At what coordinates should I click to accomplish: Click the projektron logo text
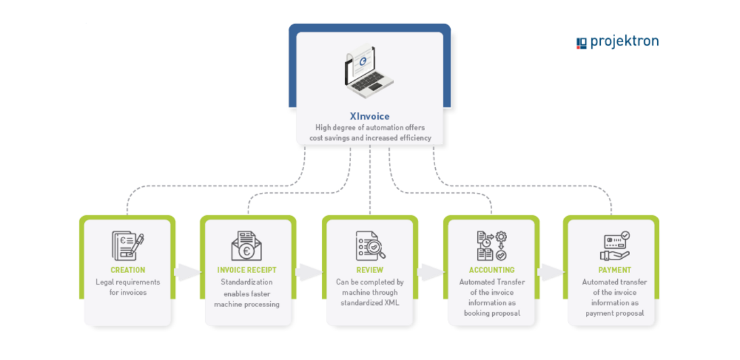tap(624, 42)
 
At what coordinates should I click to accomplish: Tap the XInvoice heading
tap(369, 116)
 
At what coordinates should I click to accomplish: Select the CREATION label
tap(128, 270)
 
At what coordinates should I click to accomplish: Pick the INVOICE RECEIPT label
tap(247, 270)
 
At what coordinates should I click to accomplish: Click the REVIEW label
tap(369, 270)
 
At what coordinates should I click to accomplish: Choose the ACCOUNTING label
tap(491, 270)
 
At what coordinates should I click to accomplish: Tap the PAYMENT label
tap(614, 270)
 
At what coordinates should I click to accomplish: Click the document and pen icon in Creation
tap(128, 246)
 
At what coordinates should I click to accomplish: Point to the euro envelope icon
tap(247, 246)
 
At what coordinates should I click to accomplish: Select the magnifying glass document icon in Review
tap(370, 246)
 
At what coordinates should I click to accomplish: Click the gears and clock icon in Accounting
tap(492, 246)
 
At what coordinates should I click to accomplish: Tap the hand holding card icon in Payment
tap(615, 246)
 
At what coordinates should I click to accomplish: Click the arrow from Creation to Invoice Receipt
tap(187, 273)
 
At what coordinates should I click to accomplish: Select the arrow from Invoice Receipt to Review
tap(309, 273)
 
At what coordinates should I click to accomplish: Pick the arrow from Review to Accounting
tap(430, 273)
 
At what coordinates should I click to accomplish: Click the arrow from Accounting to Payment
tap(551, 273)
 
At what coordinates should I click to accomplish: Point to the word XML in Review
tap(389, 303)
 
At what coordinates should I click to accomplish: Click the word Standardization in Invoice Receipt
tap(246, 282)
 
